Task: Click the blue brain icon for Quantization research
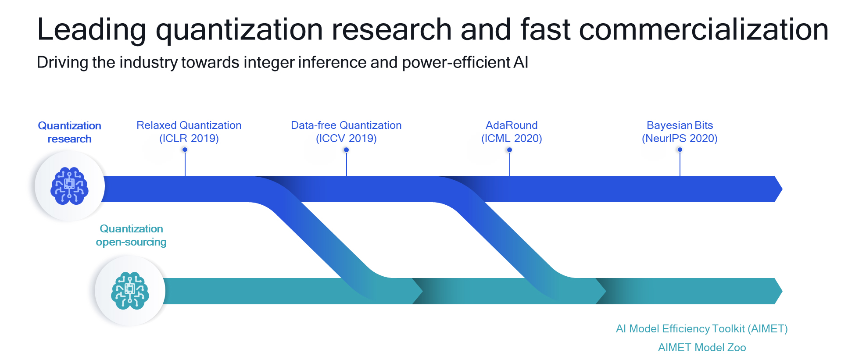69,185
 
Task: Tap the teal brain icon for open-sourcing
130,291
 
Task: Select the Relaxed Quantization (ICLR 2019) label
189,132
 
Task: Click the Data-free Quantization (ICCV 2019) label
346,132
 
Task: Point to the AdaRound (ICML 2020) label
512,132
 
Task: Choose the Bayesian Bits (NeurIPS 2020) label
680,132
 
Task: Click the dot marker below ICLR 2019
185,150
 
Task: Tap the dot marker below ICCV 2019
347,150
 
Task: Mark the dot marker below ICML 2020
509,150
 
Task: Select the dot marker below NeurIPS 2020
680,150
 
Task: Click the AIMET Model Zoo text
702,348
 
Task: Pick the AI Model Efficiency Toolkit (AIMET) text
702,329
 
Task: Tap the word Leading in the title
91,30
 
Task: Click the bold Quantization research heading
69,132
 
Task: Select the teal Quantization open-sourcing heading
131,235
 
